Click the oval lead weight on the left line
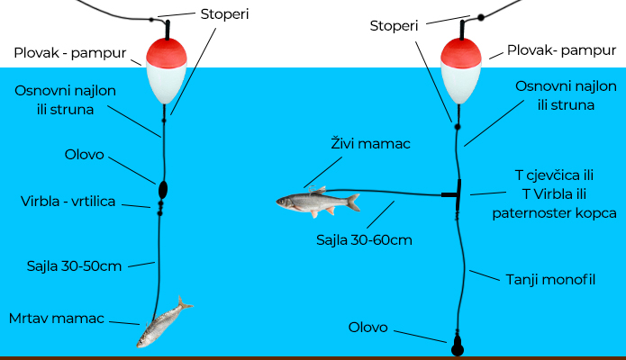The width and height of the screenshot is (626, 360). [163, 189]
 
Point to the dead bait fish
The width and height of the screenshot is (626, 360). [163, 323]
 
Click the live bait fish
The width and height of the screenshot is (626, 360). [316, 202]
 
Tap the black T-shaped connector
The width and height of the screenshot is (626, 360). [456, 193]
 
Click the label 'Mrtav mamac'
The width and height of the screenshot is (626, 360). [57, 318]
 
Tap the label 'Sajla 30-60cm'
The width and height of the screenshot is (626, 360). [361, 240]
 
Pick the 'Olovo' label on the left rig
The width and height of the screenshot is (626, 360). [83, 154]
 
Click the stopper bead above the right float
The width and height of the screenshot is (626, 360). [481, 16]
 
